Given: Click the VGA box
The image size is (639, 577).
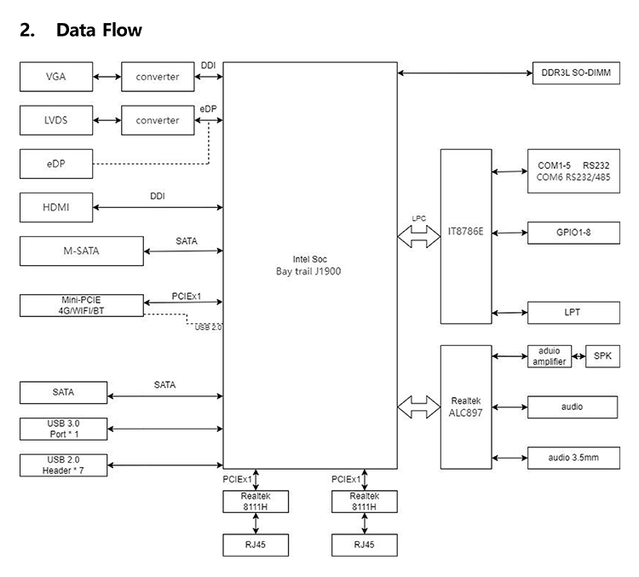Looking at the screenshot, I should (x=56, y=77).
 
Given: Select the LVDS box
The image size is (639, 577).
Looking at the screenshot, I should (x=56, y=120).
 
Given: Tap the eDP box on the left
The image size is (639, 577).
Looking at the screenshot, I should (x=56, y=164).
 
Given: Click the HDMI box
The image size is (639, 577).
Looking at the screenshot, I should (x=56, y=207).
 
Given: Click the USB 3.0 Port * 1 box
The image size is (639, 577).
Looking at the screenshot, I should (x=64, y=429).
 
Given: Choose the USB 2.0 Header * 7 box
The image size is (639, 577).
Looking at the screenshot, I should (x=64, y=465).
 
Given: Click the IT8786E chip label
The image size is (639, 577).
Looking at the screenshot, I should (x=465, y=231).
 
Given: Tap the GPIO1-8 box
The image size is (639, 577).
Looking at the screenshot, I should (x=573, y=231).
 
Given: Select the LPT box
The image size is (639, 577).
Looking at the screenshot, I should (x=573, y=312).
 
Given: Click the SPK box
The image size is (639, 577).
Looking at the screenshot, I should (x=602, y=357).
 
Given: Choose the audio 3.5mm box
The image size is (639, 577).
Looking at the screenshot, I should (x=573, y=458).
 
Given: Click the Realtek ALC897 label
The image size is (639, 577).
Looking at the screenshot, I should (x=465, y=407).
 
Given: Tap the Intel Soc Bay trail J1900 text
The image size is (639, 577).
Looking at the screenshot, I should (x=309, y=265).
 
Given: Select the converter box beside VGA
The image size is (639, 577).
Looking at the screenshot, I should (x=158, y=77).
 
